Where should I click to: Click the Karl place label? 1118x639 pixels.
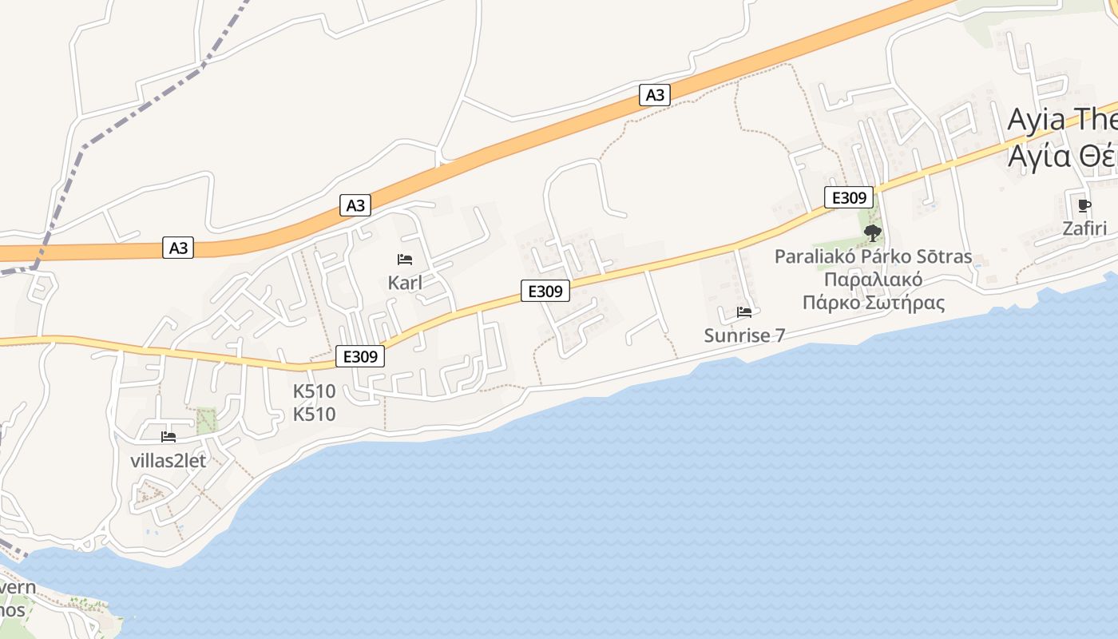[405, 283]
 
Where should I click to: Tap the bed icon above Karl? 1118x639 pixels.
[405, 260]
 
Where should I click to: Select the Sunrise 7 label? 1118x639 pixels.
[744, 335]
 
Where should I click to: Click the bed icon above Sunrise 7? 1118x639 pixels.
[744, 312]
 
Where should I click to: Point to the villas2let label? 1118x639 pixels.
[168, 461]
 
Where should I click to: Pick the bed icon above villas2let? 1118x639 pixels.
[168, 437]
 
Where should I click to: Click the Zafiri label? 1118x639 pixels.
[1084, 228]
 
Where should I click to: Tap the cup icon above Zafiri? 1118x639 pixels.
[1084, 206]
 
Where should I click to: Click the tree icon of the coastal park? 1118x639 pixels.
[873, 233]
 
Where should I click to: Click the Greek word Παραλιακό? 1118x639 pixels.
[873, 280]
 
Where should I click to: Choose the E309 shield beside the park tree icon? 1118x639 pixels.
[849, 197]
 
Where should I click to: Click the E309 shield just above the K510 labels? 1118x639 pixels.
[360, 356]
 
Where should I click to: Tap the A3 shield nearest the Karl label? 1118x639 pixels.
[355, 205]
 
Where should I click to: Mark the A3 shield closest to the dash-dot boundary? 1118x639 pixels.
[178, 248]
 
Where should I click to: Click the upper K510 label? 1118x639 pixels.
[314, 391]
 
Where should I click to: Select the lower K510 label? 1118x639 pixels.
[314, 415]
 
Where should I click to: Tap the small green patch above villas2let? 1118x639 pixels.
[206, 420]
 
